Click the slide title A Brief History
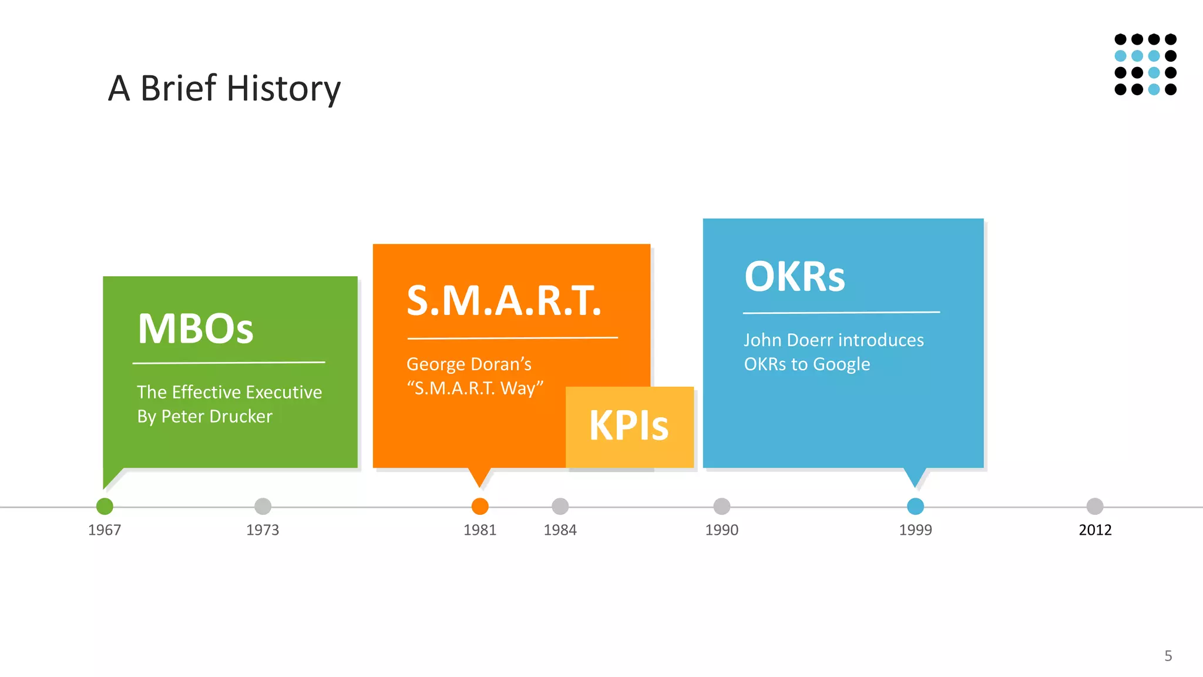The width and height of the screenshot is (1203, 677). click(x=224, y=88)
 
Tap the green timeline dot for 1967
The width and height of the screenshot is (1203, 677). click(x=105, y=506)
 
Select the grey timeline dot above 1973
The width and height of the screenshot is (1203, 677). click(x=263, y=506)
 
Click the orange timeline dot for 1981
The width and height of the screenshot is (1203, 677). click(x=480, y=506)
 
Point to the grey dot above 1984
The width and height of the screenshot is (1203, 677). click(x=560, y=506)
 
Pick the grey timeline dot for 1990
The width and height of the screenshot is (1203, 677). click(x=721, y=506)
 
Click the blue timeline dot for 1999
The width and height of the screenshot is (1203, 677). click(x=915, y=506)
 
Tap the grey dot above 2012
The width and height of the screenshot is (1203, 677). click(x=1095, y=506)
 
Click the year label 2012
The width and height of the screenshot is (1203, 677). click(x=1095, y=530)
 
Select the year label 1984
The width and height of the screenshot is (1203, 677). click(x=560, y=530)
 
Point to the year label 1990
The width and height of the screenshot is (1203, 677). click(x=721, y=530)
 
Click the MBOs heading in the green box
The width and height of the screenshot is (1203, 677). click(x=196, y=329)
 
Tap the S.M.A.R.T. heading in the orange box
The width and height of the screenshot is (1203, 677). click(x=504, y=301)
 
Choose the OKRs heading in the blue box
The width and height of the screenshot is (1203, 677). click(x=794, y=277)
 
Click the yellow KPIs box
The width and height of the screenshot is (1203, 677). click(x=629, y=426)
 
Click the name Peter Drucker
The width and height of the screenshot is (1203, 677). click(x=217, y=417)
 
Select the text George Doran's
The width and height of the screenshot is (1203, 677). click(x=469, y=364)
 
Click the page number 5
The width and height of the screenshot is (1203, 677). click(x=1168, y=656)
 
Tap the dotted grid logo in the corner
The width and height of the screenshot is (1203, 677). click(x=1145, y=64)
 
